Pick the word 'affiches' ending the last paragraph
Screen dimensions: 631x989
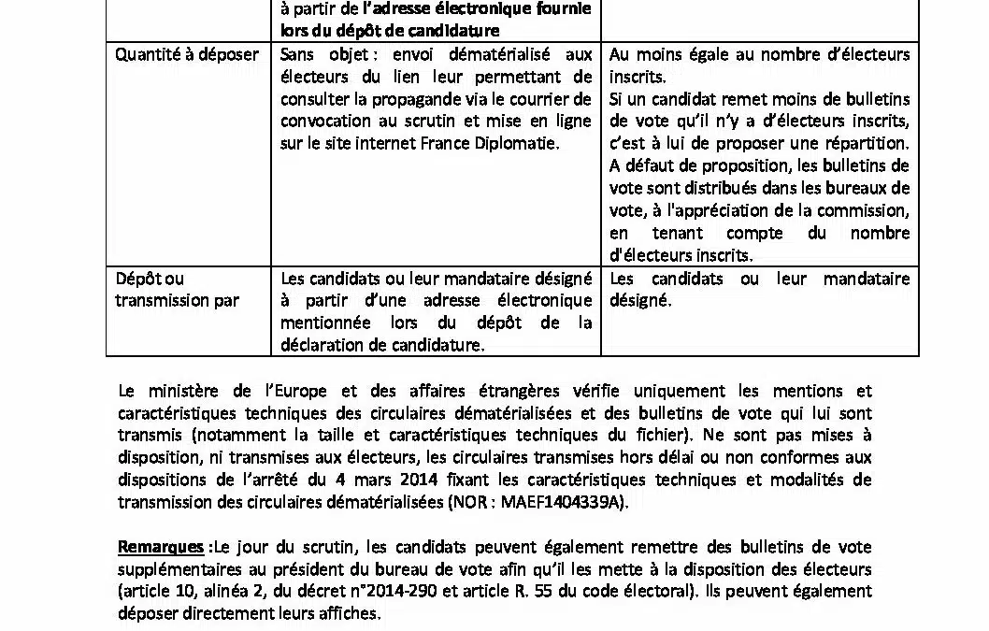tap(351, 614)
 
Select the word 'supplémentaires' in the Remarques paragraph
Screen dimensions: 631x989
tap(177, 569)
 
